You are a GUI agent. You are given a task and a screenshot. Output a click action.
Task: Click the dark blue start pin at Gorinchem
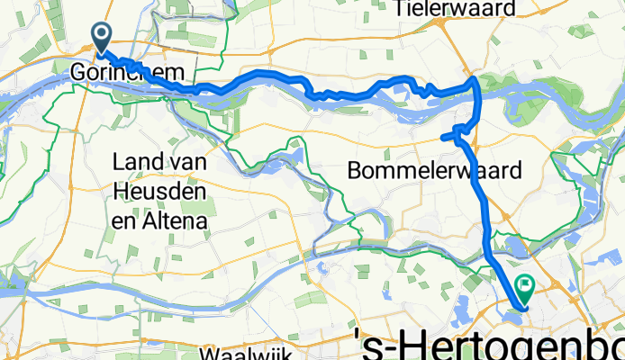[103, 37]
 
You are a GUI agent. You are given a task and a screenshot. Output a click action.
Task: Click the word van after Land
[191, 162]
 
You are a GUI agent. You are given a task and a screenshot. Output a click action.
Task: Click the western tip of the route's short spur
[442, 137]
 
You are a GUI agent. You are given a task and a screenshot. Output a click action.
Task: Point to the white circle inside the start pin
[103, 33]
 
